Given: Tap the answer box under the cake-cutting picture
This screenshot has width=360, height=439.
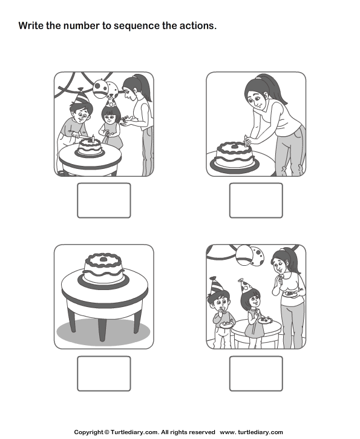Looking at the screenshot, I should coord(103,200).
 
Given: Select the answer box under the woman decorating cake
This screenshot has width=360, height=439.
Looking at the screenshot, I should coord(256,200).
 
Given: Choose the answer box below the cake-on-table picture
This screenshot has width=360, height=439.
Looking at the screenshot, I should coord(103,373).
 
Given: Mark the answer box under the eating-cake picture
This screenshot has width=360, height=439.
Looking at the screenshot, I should coord(256,373).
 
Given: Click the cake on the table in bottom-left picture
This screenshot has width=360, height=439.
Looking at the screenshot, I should coord(103,268).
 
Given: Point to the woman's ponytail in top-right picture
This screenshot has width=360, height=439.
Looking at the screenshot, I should coord(273,84).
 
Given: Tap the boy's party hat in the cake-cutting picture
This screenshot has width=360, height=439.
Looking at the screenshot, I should coord(82,96).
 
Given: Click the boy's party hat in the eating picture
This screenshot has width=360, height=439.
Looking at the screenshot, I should coord(217,285).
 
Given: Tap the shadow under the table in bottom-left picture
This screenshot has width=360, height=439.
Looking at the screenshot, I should coord(103,330).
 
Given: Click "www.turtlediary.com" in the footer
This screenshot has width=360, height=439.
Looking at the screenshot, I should coord(251,432).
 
